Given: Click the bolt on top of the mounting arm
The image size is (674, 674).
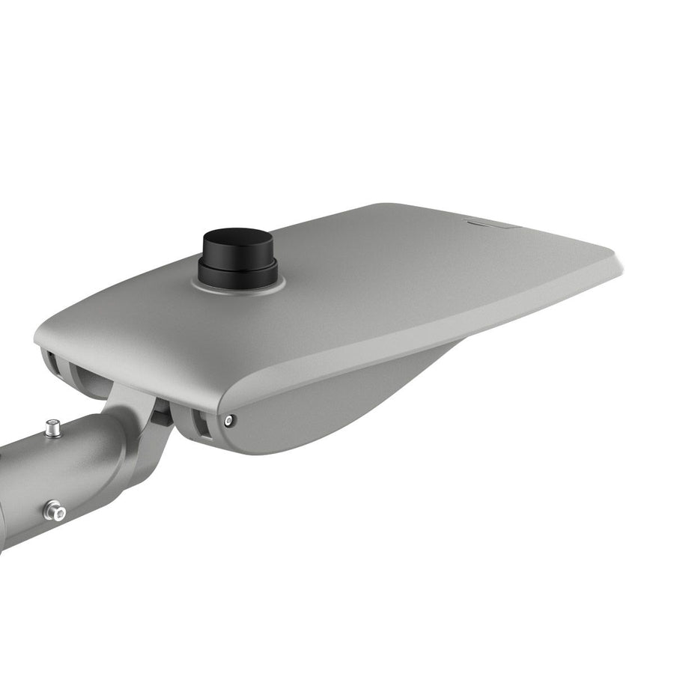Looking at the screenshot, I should pos(52,428).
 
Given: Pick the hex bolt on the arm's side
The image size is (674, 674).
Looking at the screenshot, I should pos(54,511).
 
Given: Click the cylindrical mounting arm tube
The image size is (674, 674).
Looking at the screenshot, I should pos(45,479).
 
